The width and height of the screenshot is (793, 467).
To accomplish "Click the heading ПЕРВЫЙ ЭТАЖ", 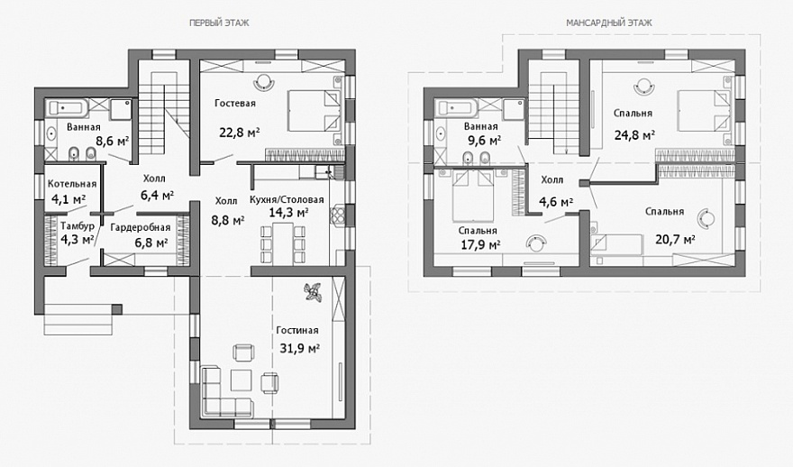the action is (219, 23).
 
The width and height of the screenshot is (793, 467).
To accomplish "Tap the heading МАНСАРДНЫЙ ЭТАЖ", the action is (609, 23).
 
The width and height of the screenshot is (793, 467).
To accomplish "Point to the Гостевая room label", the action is (235, 103).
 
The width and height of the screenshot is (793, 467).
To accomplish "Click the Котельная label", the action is (72, 184).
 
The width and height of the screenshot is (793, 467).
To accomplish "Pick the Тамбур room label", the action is (77, 225).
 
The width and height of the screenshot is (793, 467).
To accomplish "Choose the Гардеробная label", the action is (141, 228).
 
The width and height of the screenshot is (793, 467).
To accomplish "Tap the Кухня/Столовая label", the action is (287, 200).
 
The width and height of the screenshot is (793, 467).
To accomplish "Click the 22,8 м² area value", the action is (240, 133).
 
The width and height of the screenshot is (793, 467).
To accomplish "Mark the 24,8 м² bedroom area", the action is (634, 135).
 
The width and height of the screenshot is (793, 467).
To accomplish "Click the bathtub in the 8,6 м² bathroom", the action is (68, 107).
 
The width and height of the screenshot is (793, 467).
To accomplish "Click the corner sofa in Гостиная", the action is (223, 393).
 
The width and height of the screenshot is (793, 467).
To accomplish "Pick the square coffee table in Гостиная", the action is (242, 380).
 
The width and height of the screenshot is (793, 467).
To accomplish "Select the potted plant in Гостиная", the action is (312, 293).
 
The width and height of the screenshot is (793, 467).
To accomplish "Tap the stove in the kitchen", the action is (338, 215).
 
